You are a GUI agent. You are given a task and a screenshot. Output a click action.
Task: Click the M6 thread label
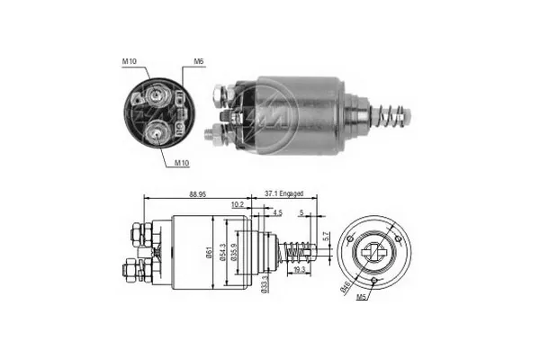tap(198, 62)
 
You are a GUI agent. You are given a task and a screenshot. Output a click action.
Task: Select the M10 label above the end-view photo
tap(129, 62)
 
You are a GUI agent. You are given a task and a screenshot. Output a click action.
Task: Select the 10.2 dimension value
tap(236, 205)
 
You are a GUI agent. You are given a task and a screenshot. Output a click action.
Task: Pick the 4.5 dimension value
tap(276, 212)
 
